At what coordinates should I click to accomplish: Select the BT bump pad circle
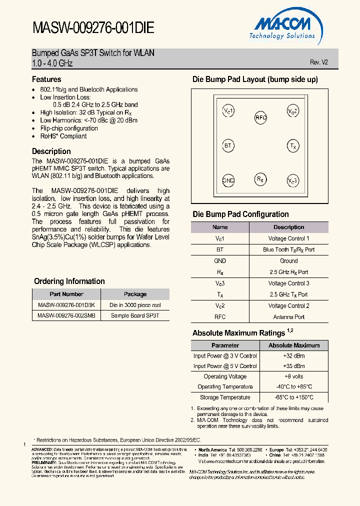pos(228,146)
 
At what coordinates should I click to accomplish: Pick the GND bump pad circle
pos(228,180)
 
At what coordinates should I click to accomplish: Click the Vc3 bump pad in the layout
pos(293,180)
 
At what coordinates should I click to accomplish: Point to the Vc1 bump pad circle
pos(228,110)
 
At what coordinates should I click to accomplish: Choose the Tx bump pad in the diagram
pos(293,146)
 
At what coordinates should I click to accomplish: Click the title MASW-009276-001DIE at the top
pos(93,28)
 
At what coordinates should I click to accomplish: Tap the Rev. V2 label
pos(319,62)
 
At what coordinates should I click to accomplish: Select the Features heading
pos(46,79)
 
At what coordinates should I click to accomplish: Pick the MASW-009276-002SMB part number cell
pos(66,315)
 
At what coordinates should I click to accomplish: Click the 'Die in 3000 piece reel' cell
pos(135,305)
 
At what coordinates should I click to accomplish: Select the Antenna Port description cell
pos(288,316)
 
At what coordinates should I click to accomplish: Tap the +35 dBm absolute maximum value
pos(293,366)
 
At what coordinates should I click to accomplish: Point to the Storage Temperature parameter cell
pos(225,397)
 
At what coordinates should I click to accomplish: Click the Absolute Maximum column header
pos(293,345)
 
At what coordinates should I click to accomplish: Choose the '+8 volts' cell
pos(293,376)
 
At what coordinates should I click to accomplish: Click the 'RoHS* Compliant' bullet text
pos(63,136)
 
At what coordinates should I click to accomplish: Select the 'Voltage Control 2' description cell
pos(288,305)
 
